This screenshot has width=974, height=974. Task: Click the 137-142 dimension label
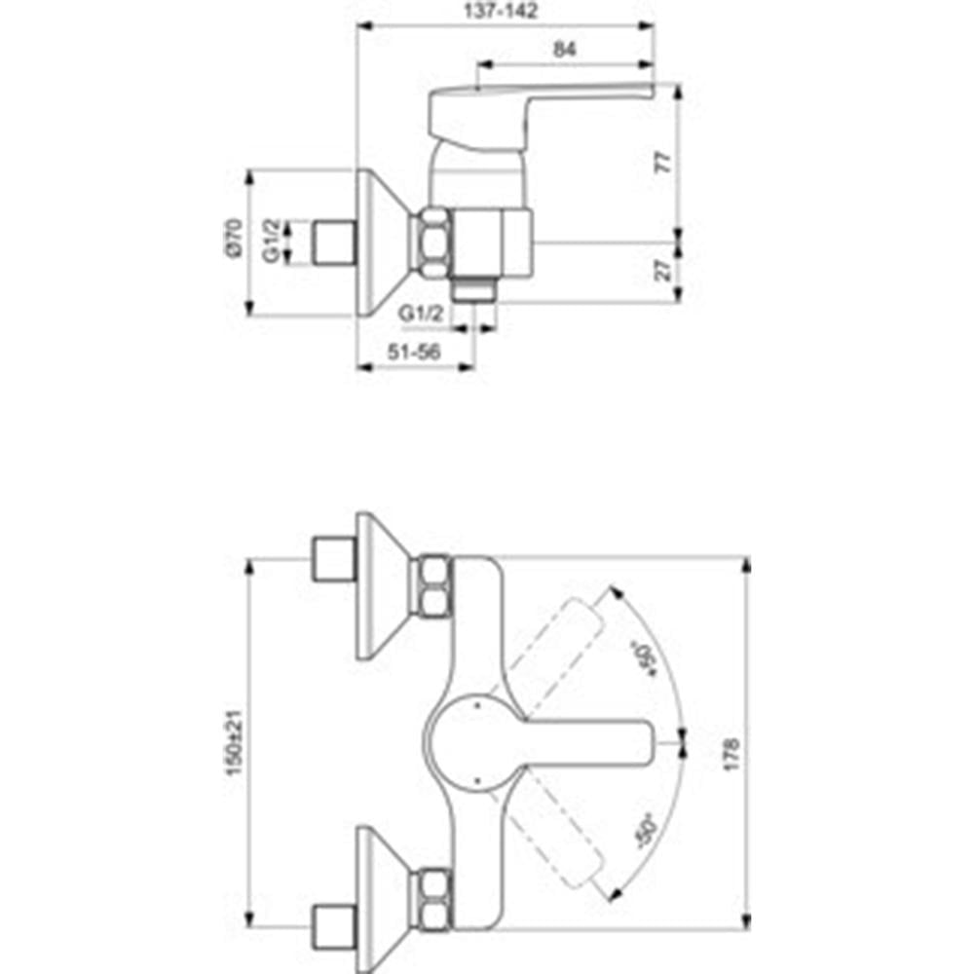pos(501,11)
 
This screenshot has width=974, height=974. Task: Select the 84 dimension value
pos(564,49)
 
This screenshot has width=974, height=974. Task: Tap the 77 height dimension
pos(663,162)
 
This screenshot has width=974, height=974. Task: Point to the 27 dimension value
pos(663,270)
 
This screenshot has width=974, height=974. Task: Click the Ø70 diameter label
pos(233,239)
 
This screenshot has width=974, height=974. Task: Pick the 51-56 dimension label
pos(414,353)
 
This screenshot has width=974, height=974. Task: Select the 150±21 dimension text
pos(234,742)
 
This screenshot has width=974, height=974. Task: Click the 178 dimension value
pos(731,755)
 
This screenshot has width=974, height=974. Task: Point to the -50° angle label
pos(646,831)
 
